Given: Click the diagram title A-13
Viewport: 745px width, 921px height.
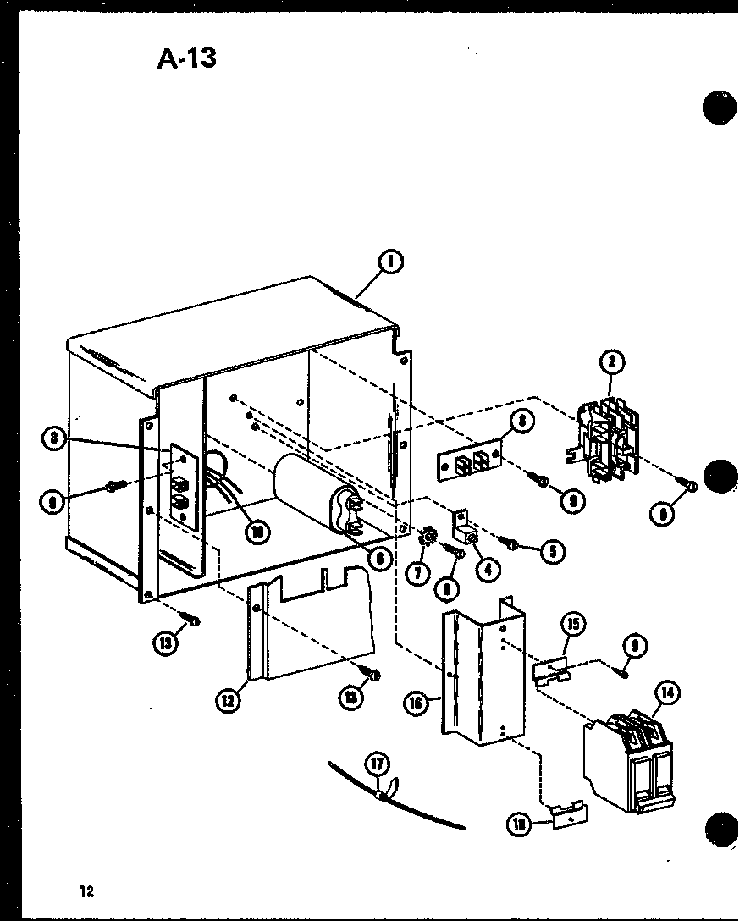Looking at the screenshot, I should coord(186,58).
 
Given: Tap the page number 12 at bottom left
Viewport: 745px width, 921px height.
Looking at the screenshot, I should coord(86,890).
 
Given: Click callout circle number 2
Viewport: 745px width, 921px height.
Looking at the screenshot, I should coord(611,363).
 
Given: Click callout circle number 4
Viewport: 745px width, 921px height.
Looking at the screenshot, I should coord(487,569).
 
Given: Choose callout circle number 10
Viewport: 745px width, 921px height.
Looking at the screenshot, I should coord(253,532).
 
